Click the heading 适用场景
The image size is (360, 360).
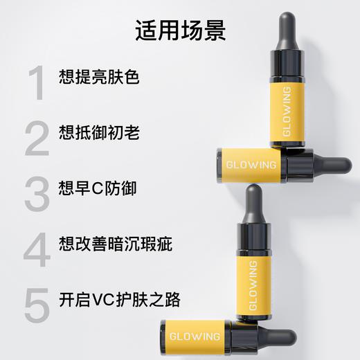(180, 31)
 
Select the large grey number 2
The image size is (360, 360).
(37, 138)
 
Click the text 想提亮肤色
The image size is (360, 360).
(100, 76)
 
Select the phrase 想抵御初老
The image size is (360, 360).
(100, 132)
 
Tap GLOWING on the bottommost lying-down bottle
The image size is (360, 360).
(195, 336)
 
